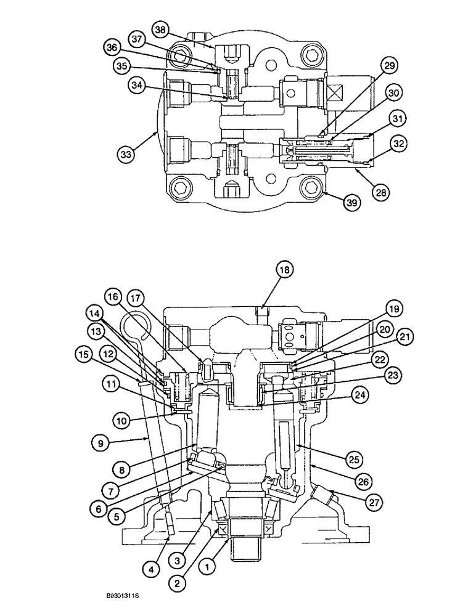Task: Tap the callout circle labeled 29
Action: pos(390,65)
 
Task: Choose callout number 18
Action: pos(285,269)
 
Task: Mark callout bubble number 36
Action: pos(111,47)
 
